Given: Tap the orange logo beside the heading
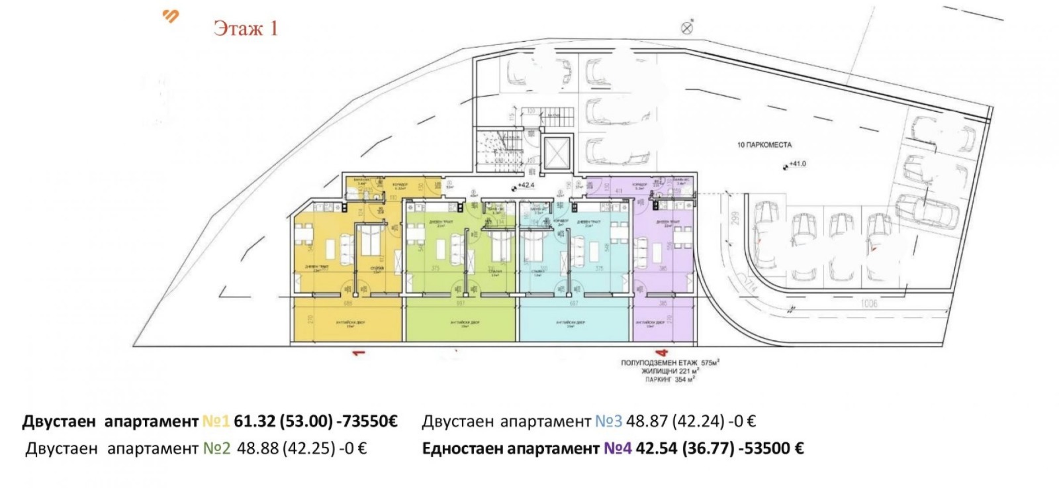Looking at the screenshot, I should tap(171, 16).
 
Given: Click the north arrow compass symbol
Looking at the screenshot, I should tap(687, 27).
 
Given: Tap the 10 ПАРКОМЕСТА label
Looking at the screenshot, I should tap(764, 144).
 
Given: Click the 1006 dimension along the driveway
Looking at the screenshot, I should tap(869, 303).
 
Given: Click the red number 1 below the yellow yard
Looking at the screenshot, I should tap(359, 353).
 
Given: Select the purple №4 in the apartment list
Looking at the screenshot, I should tap(617, 448).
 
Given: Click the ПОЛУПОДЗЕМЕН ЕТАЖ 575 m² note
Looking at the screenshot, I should tap(669, 363).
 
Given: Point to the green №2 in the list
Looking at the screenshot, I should tap(216, 448).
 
